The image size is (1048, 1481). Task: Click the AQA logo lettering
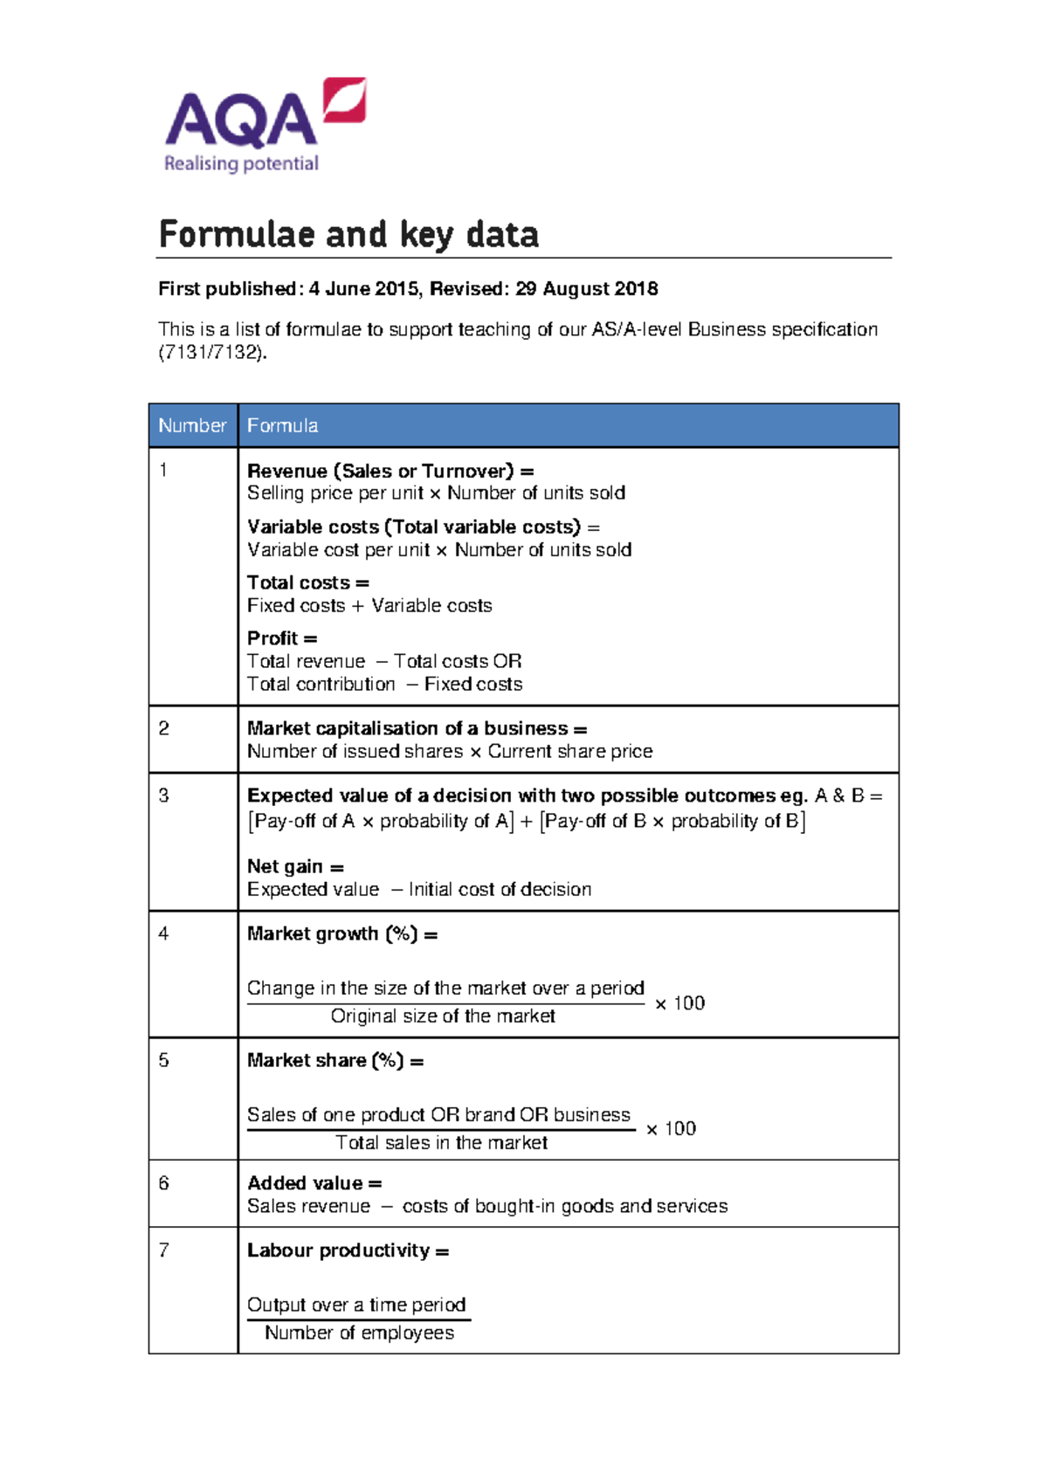click(x=240, y=120)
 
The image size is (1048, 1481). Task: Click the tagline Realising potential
click(x=241, y=163)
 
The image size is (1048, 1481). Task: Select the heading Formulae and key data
click(x=348, y=234)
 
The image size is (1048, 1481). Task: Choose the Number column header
click(x=192, y=425)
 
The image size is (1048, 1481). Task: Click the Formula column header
click(x=282, y=425)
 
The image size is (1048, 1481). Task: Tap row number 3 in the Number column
click(x=163, y=796)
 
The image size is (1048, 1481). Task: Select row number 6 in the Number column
click(x=163, y=1183)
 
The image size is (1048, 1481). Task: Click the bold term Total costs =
click(x=307, y=582)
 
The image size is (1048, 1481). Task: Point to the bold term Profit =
click(x=281, y=638)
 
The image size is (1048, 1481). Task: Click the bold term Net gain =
click(x=295, y=866)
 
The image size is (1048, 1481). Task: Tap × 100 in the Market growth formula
click(x=679, y=1003)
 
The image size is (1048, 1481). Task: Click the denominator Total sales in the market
click(x=441, y=1143)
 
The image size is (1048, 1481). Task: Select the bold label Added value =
click(x=314, y=1183)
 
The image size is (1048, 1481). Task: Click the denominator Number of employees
click(x=359, y=1333)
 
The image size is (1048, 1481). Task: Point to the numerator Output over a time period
click(x=356, y=1305)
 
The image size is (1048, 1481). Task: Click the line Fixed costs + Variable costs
click(x=369, y=606)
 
